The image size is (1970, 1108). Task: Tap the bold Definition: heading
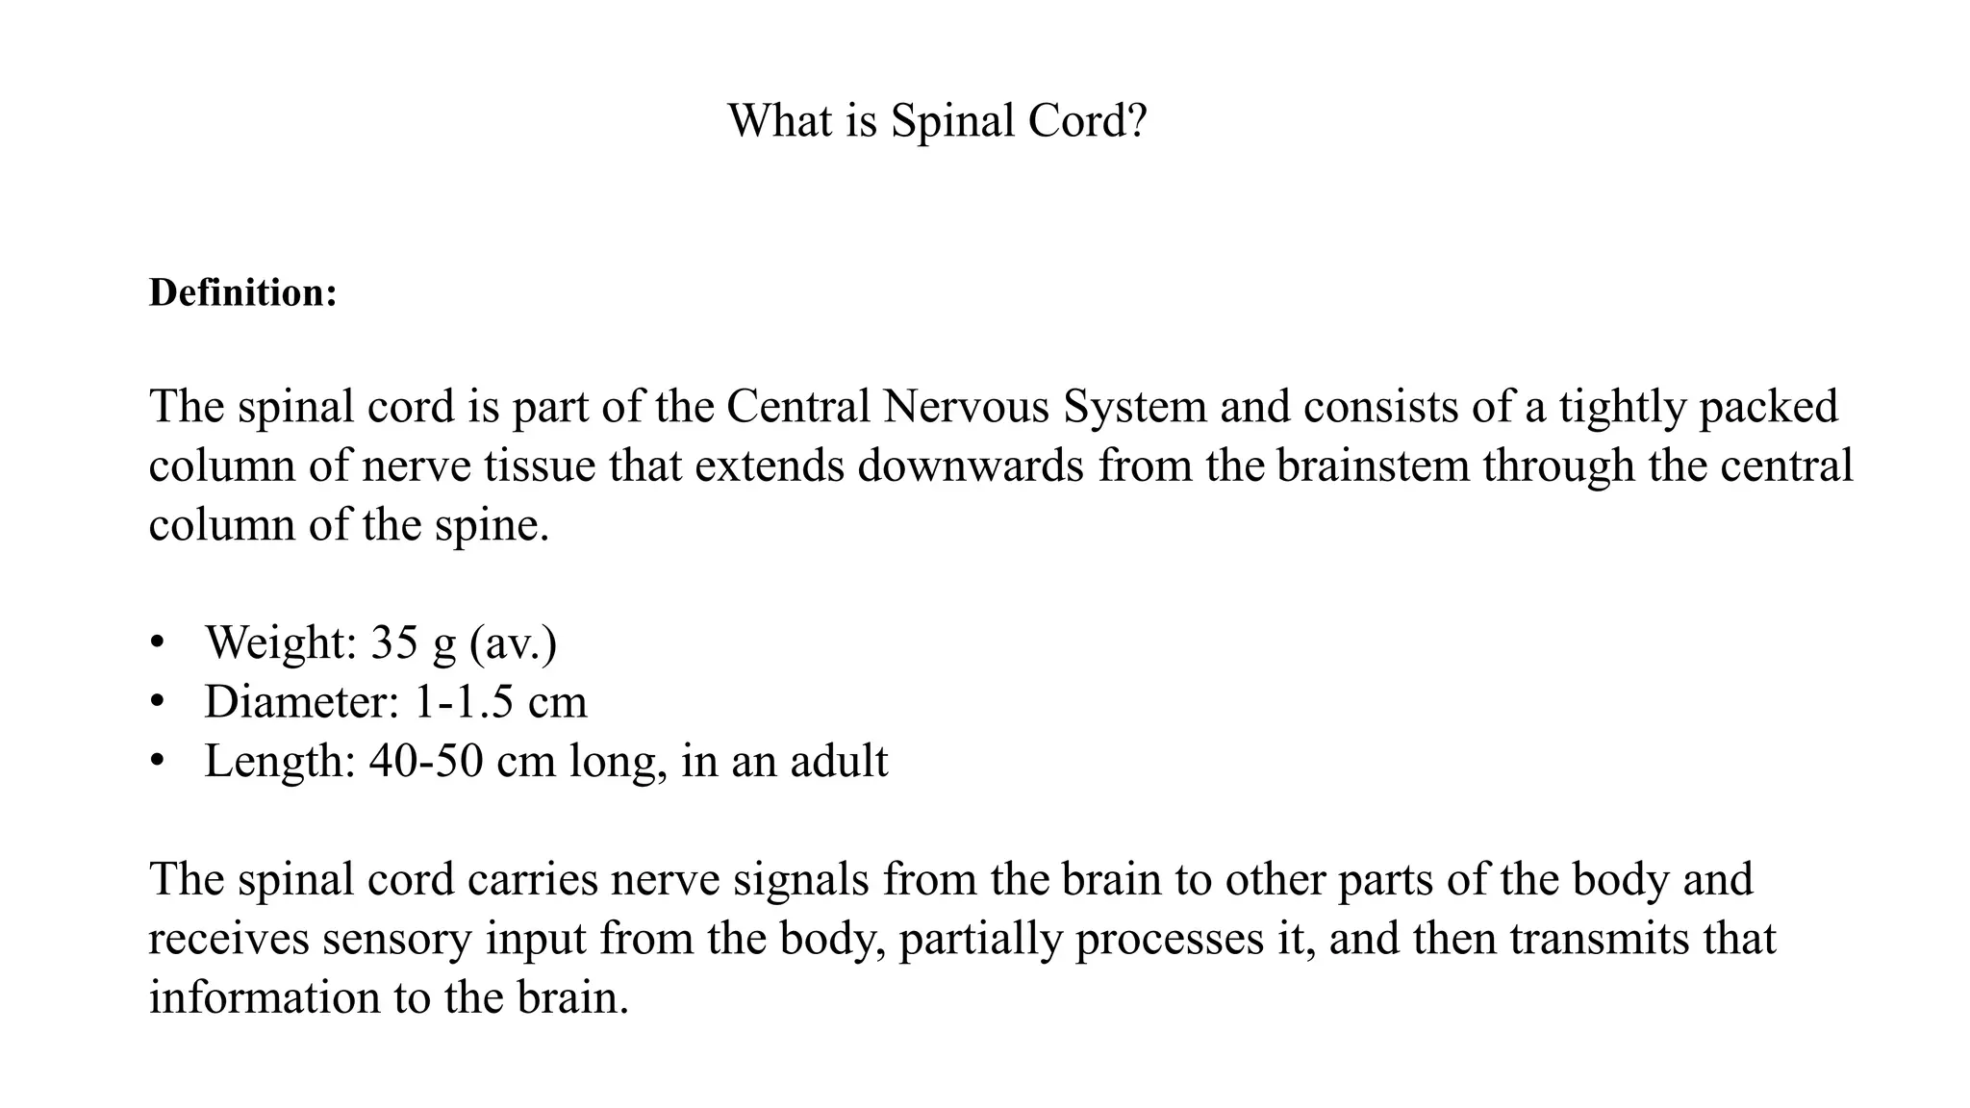tap(243, 292)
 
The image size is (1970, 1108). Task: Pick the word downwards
tap(971, 466)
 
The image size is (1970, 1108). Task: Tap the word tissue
tap(541, 466)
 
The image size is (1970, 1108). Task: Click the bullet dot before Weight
tap(158, 642)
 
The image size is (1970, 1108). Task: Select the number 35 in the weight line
tap(394, 642)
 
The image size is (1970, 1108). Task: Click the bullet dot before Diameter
tap(158, 701)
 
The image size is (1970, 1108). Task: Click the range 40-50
tap(426, 761)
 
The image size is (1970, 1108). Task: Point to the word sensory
tap(397, 940)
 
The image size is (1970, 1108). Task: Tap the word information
tap(265, 997)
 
